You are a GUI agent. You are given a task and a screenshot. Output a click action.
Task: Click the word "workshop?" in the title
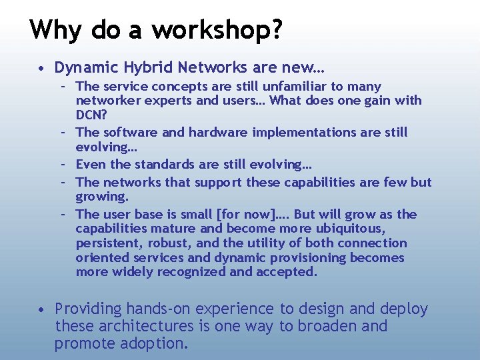pos(217,30)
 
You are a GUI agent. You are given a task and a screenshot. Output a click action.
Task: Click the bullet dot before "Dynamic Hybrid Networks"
pos(41,68)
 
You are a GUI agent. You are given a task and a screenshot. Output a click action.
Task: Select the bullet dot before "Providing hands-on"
pos(41,309)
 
